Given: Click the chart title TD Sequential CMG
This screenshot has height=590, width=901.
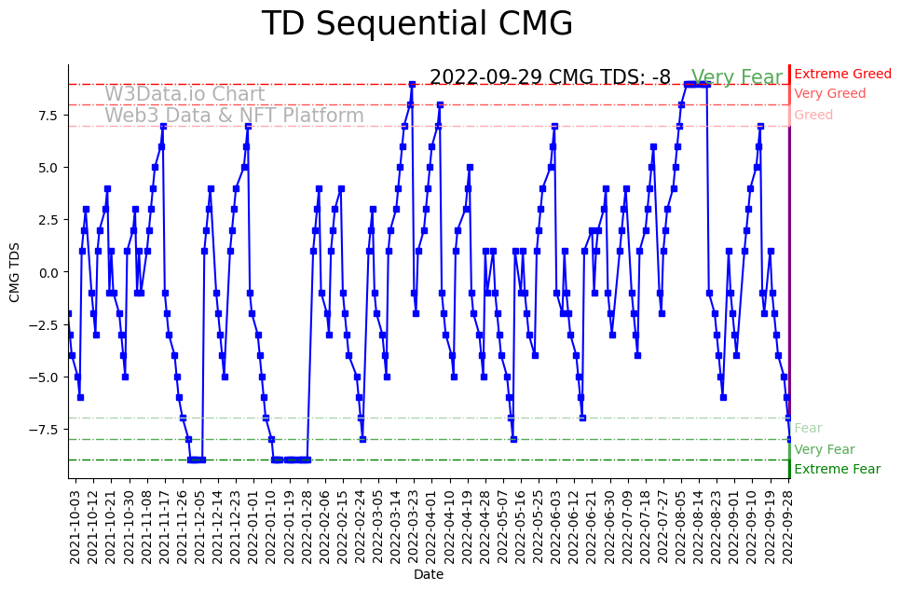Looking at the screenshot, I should [x=416, y=24].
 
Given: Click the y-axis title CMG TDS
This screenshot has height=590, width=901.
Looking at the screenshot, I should [x=14, y=271].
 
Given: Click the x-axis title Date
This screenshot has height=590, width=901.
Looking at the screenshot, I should [x=429, y=575].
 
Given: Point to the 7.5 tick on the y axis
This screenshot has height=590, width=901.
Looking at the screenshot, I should [x=47, y=115].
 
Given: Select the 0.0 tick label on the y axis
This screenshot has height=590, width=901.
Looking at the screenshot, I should [x=47, y=272].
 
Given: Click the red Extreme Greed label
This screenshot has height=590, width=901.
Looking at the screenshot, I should [x=842, y=74].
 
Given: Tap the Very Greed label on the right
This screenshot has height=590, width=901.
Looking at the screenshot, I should [x=829, y=93].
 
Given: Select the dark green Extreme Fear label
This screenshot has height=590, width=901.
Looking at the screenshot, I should [x=837, y=469].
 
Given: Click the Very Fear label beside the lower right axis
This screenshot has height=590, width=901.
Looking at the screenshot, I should [x=824, y=449].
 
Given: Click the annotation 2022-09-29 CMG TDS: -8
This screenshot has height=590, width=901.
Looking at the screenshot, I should [x=550, y=77].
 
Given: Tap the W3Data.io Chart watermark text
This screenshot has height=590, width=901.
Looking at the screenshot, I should [x=184, y=94].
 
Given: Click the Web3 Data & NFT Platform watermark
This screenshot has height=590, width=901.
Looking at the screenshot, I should [x=234, y=116].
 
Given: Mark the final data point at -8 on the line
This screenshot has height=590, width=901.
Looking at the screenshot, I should [x=789, y=439].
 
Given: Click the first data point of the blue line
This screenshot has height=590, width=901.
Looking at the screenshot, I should [x=68, y=313].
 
